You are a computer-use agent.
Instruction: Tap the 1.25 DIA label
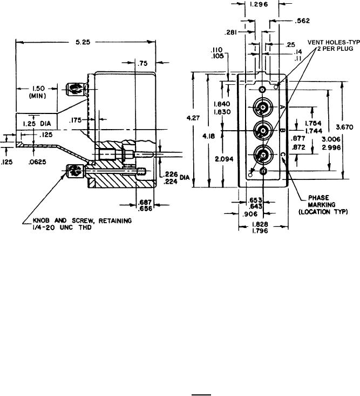[34, 124]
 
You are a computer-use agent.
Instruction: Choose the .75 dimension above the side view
[142, 64]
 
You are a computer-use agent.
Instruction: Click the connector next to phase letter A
[263, 108]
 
